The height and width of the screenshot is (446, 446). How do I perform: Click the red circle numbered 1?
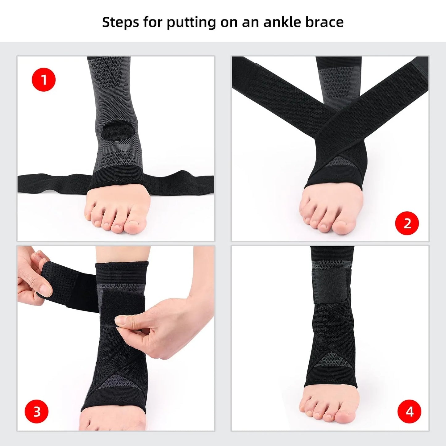coord(44,80)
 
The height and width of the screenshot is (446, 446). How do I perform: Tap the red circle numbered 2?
coord(407,223)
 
